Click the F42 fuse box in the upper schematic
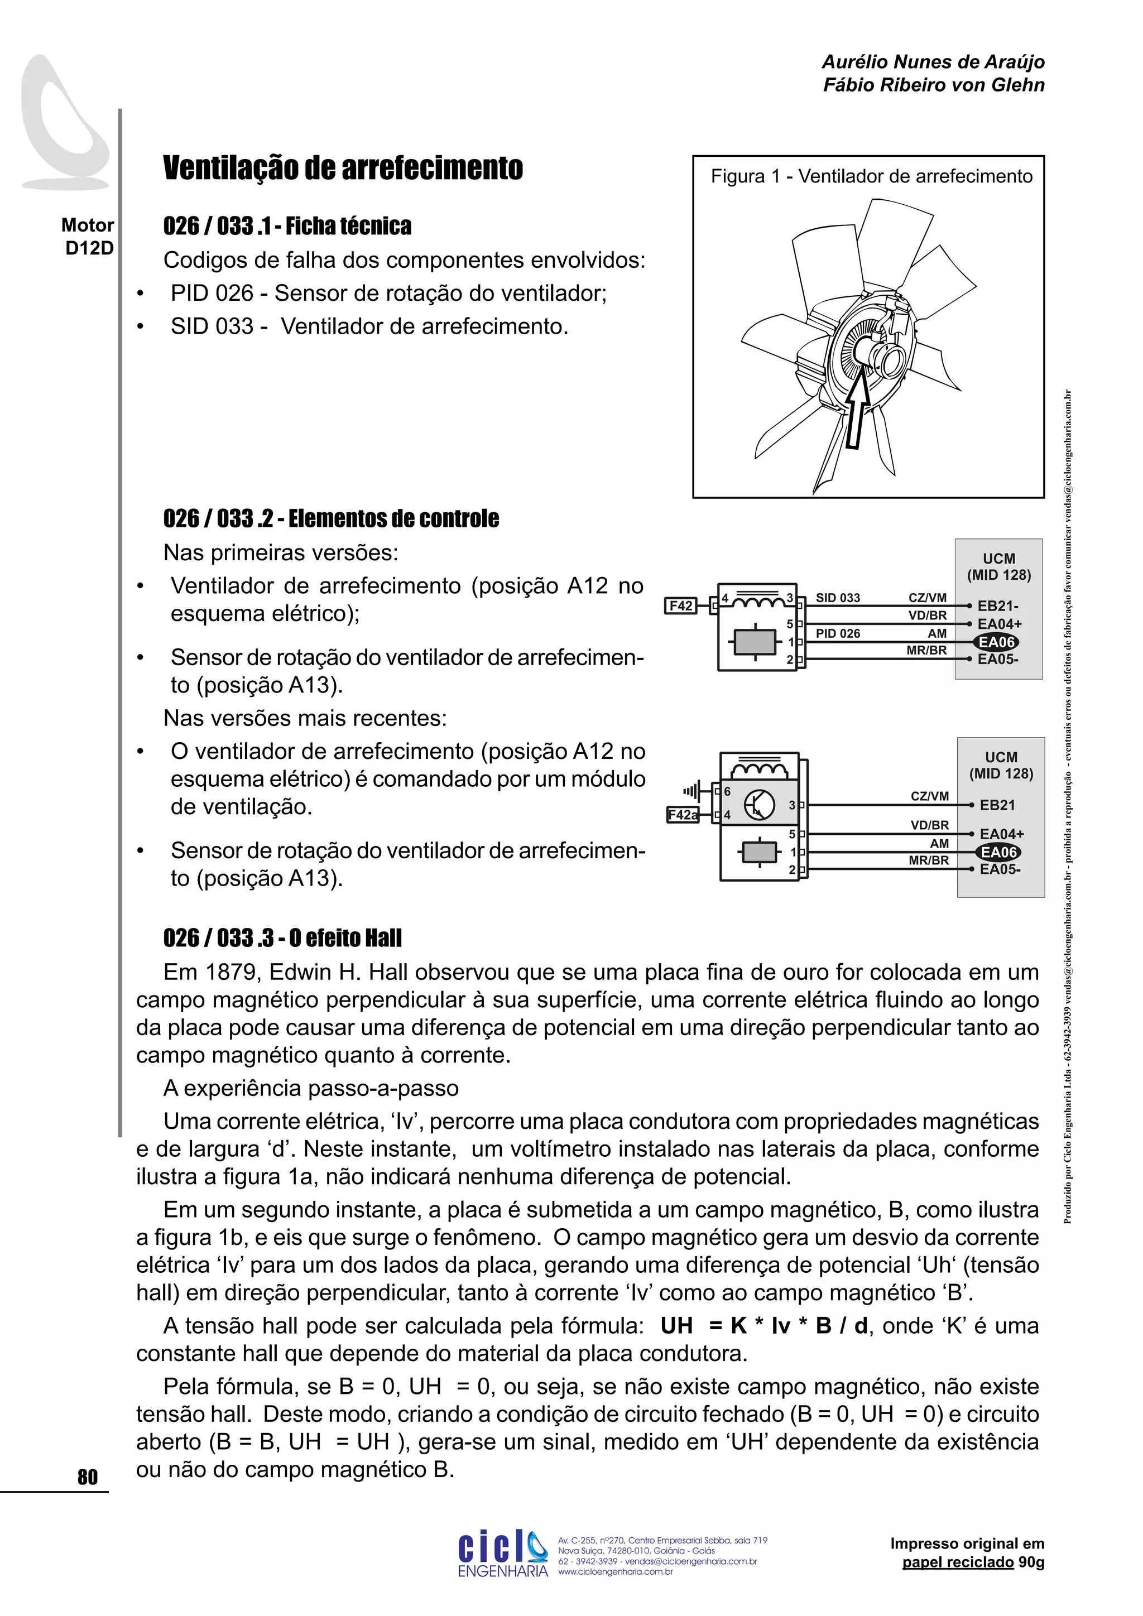[x=680, y=605]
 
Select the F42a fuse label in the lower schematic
[x=682, y=815]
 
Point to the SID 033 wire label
[x=838, y=598]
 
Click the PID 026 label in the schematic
[x=838, y=633]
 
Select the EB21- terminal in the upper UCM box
[x=997, y=606]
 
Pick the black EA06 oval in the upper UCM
[x=997, y=642]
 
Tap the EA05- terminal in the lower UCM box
[x=1000, y=869]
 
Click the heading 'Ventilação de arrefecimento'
[x=343, y=168]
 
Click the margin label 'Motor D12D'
[x=88, y=237]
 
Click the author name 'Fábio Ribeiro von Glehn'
[x=933, y=85]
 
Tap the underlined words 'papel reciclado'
[x=958, y=1562]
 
